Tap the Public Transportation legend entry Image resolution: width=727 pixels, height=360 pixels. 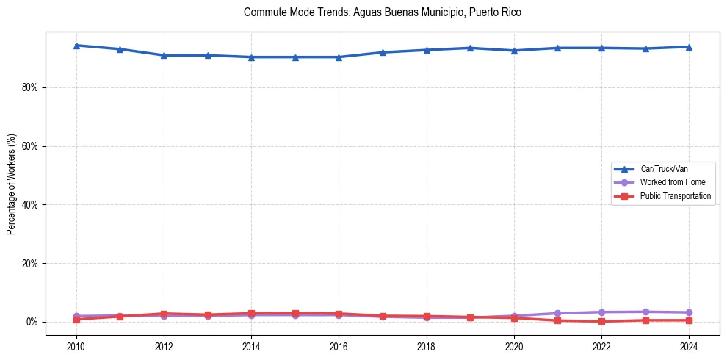tap(675, 196)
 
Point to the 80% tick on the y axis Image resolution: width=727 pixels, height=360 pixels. tap(29, 87)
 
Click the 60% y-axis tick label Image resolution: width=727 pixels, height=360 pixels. tap(29, 146)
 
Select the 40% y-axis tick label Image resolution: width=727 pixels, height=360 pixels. tap(29, 205)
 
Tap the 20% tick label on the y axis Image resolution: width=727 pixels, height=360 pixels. tap(29, 264)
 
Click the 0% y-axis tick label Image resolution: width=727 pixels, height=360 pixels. tap(31, 323)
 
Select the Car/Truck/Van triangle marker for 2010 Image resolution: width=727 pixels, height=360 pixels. tap(76, 46)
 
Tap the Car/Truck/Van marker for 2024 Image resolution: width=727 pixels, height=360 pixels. tap(689, 47)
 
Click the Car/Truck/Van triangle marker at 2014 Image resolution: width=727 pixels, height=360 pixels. tap(251, 57)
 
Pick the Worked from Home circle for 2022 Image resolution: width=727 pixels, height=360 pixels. tap(601, 312)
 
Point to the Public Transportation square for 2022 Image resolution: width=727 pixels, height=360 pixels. tap(601, 321)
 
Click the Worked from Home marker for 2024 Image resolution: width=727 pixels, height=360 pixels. tap(689, 312)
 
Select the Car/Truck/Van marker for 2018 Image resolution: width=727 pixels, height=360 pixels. tap(427, 50)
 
